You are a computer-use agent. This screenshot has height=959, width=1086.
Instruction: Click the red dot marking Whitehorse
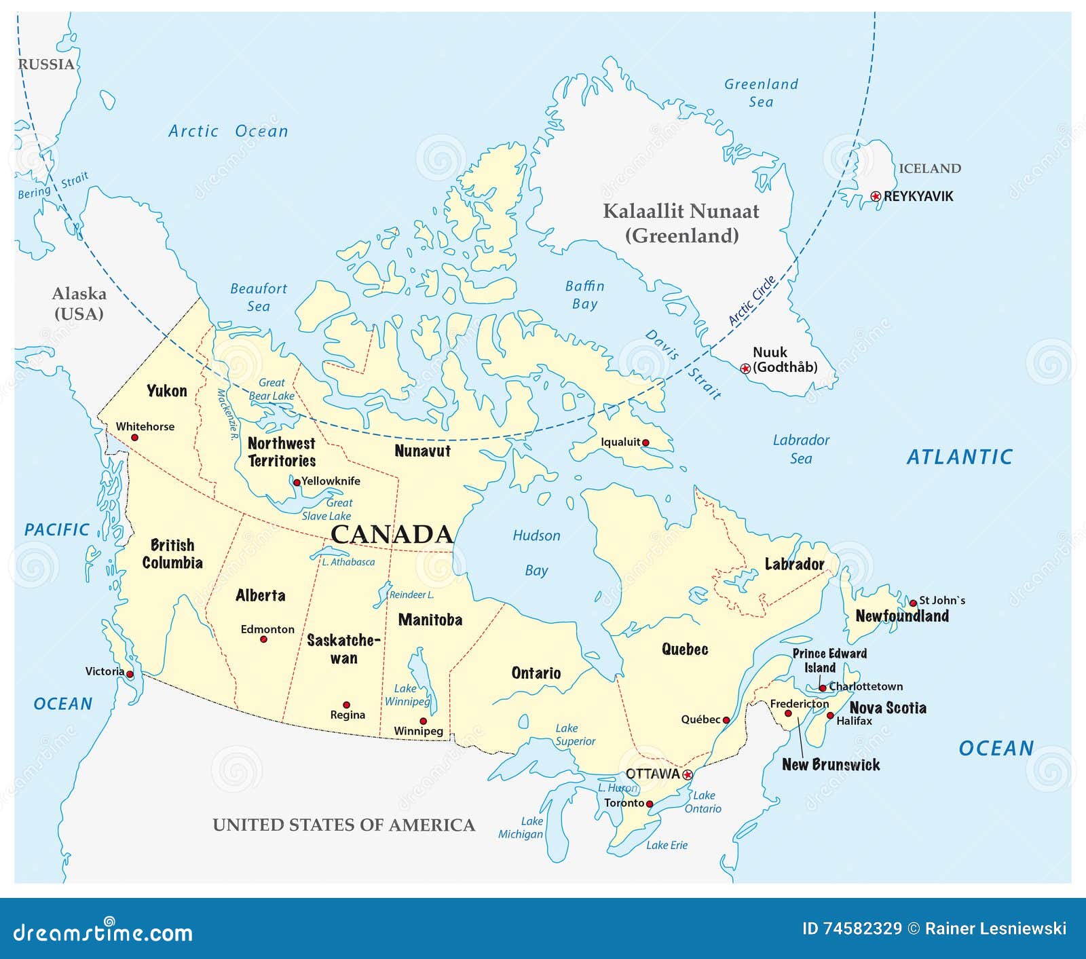coord(134,438)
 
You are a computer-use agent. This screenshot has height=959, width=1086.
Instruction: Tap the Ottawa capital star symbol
coord(687,774)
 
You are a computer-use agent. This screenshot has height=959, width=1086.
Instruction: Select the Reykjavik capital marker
coord(876,196)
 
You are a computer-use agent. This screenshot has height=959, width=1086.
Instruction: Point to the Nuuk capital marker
coord(745,369)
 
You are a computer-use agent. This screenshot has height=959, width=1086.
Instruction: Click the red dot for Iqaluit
coord(645,443)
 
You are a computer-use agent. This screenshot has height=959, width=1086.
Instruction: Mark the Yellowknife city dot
coord(297,483)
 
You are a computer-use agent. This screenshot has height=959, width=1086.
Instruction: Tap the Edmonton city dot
coord(264,639)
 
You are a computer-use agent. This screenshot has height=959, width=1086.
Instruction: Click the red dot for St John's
coord(913,603)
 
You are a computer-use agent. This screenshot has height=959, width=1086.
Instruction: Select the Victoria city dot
coord(130,674)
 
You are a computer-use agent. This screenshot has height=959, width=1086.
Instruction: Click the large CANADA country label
coord(392,534)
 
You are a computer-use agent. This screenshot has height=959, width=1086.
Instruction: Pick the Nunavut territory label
coord(422,451)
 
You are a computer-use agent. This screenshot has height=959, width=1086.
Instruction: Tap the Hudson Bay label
coord(536,552)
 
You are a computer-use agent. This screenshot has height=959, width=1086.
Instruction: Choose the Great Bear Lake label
coord(271,390)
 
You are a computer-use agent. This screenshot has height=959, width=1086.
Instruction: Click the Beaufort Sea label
coord(259,297)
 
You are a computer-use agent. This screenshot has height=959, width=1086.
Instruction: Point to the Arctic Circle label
coord(751,301)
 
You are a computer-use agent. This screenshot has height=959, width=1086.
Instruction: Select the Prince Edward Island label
coord(829,660)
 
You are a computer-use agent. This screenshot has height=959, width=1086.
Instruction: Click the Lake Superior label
coord(575,735)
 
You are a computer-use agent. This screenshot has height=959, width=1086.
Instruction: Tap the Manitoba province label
coord(430,620)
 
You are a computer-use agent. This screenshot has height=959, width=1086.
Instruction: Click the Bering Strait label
coord(53,186)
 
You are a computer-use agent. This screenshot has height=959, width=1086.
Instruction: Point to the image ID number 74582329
coord(862,928)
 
